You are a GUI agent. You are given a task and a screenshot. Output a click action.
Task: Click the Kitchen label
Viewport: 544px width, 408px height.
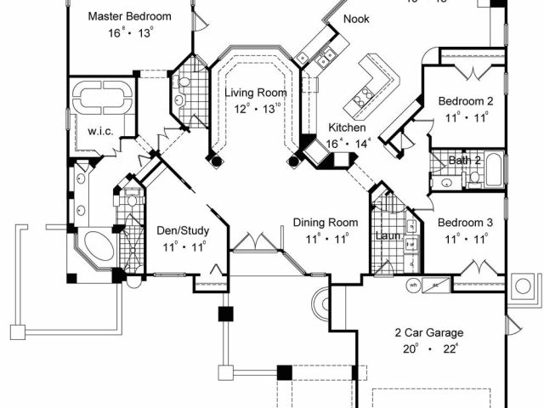[x=347, y=127]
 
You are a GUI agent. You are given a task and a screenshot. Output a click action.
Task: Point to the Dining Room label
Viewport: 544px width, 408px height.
[x=322, y=222]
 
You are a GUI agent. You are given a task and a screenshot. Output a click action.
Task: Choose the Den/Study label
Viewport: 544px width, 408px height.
[x=183, y=230]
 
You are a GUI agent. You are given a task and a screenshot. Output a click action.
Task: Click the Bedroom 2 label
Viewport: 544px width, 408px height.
[x=465, y=101]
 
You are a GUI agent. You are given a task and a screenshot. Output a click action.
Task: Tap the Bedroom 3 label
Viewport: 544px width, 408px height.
[x=465, y=223]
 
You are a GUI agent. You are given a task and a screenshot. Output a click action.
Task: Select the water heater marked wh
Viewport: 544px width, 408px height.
[x=414, y=286]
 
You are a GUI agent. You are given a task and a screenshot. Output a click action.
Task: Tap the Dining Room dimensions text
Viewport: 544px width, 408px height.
[x=322, y=238]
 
